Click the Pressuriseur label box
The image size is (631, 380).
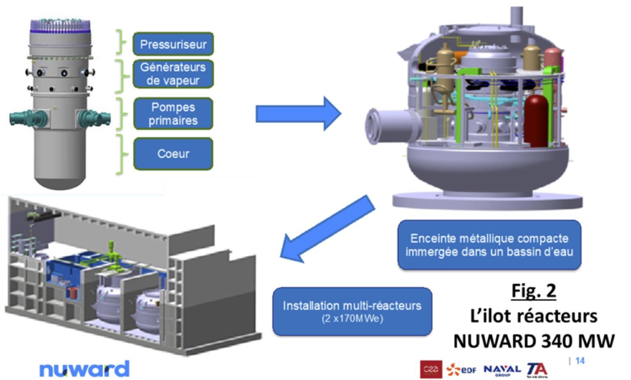(173, 44)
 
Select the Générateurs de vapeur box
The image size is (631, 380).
(173, 74)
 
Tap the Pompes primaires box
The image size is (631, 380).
(173, 114)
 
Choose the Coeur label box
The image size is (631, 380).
(173, 154)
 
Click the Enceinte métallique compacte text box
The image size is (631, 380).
(489, 245)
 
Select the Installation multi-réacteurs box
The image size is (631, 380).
(352, 311)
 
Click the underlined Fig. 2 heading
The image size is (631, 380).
(534, 291)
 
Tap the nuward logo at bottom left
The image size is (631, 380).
(85, 369)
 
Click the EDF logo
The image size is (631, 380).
(462, 369)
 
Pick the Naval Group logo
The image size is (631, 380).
(502, 369)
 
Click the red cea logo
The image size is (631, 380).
(431, 369)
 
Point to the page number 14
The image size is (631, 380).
(580, 361)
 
